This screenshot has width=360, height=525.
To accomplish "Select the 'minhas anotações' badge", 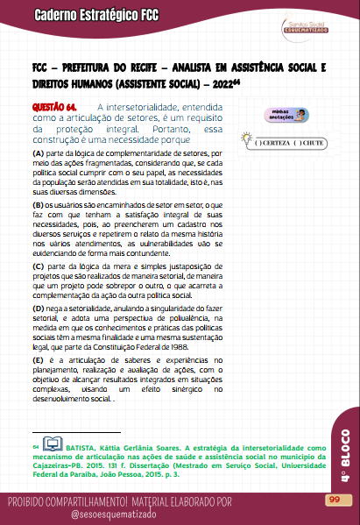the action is pos(286,116).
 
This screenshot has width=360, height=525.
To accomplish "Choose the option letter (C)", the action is pos(39,265).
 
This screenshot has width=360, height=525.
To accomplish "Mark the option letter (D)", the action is pos(39,309).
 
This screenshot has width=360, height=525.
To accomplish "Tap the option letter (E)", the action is pos(39,359).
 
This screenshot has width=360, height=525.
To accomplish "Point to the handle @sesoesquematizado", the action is pos(114,515).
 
